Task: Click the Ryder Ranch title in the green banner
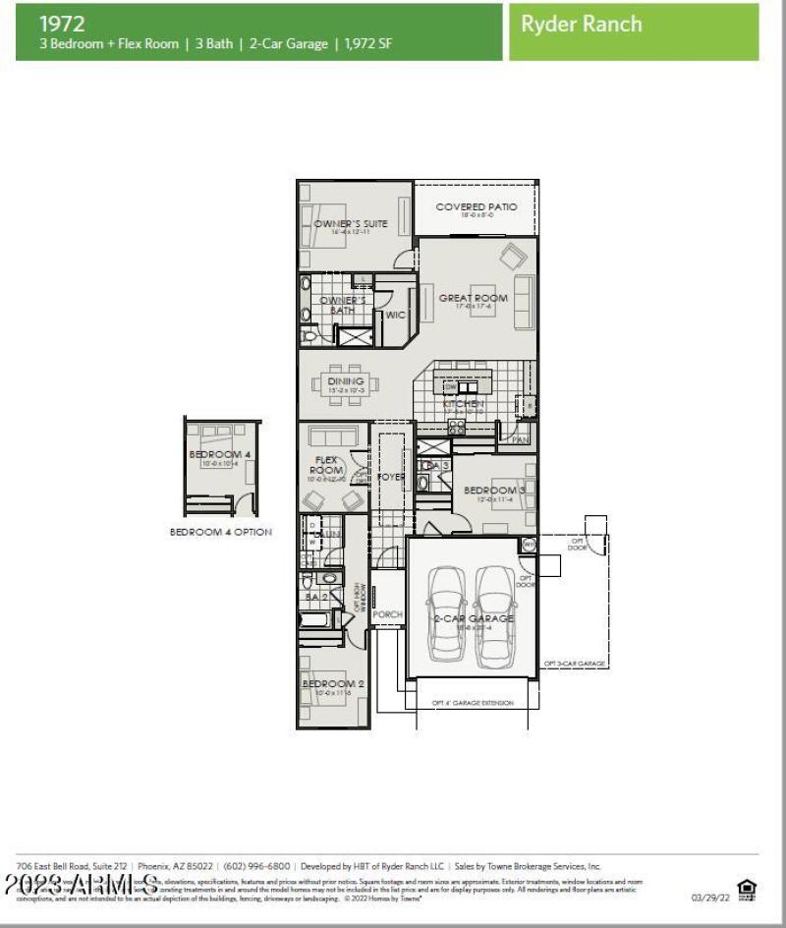[x=582, y=24]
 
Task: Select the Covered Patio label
[x=476, y=207]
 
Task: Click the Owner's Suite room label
[x=351, y=224]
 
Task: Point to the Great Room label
[x=474, y=298]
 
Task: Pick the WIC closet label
[x=395, y=316]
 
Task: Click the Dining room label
[x=346, y=381]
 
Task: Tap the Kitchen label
[x=463, y=404]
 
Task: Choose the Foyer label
[x=392, y=478]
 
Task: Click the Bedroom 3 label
[x=494, y=491]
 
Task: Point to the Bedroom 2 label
[x=333, y=684]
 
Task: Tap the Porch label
[x=387, y=614]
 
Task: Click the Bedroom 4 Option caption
[x=220, y=532]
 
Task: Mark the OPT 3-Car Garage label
[x=575, y=664]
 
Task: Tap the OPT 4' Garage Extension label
[x=473, y=703]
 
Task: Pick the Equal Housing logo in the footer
[x=747, y=891]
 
